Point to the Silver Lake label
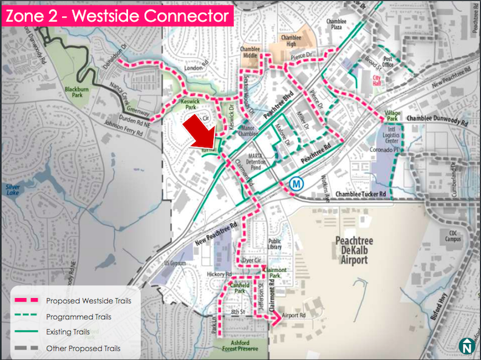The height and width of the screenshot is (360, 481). pyautogui.click(x=15, y=191)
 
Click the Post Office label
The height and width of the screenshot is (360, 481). pyautogui.click(x=388, y=61)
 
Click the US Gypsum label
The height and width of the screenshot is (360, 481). pyautogui.click(x=174, y=263)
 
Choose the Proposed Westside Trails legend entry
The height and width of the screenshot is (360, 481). pyautogui.click(x=91, y=301)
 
